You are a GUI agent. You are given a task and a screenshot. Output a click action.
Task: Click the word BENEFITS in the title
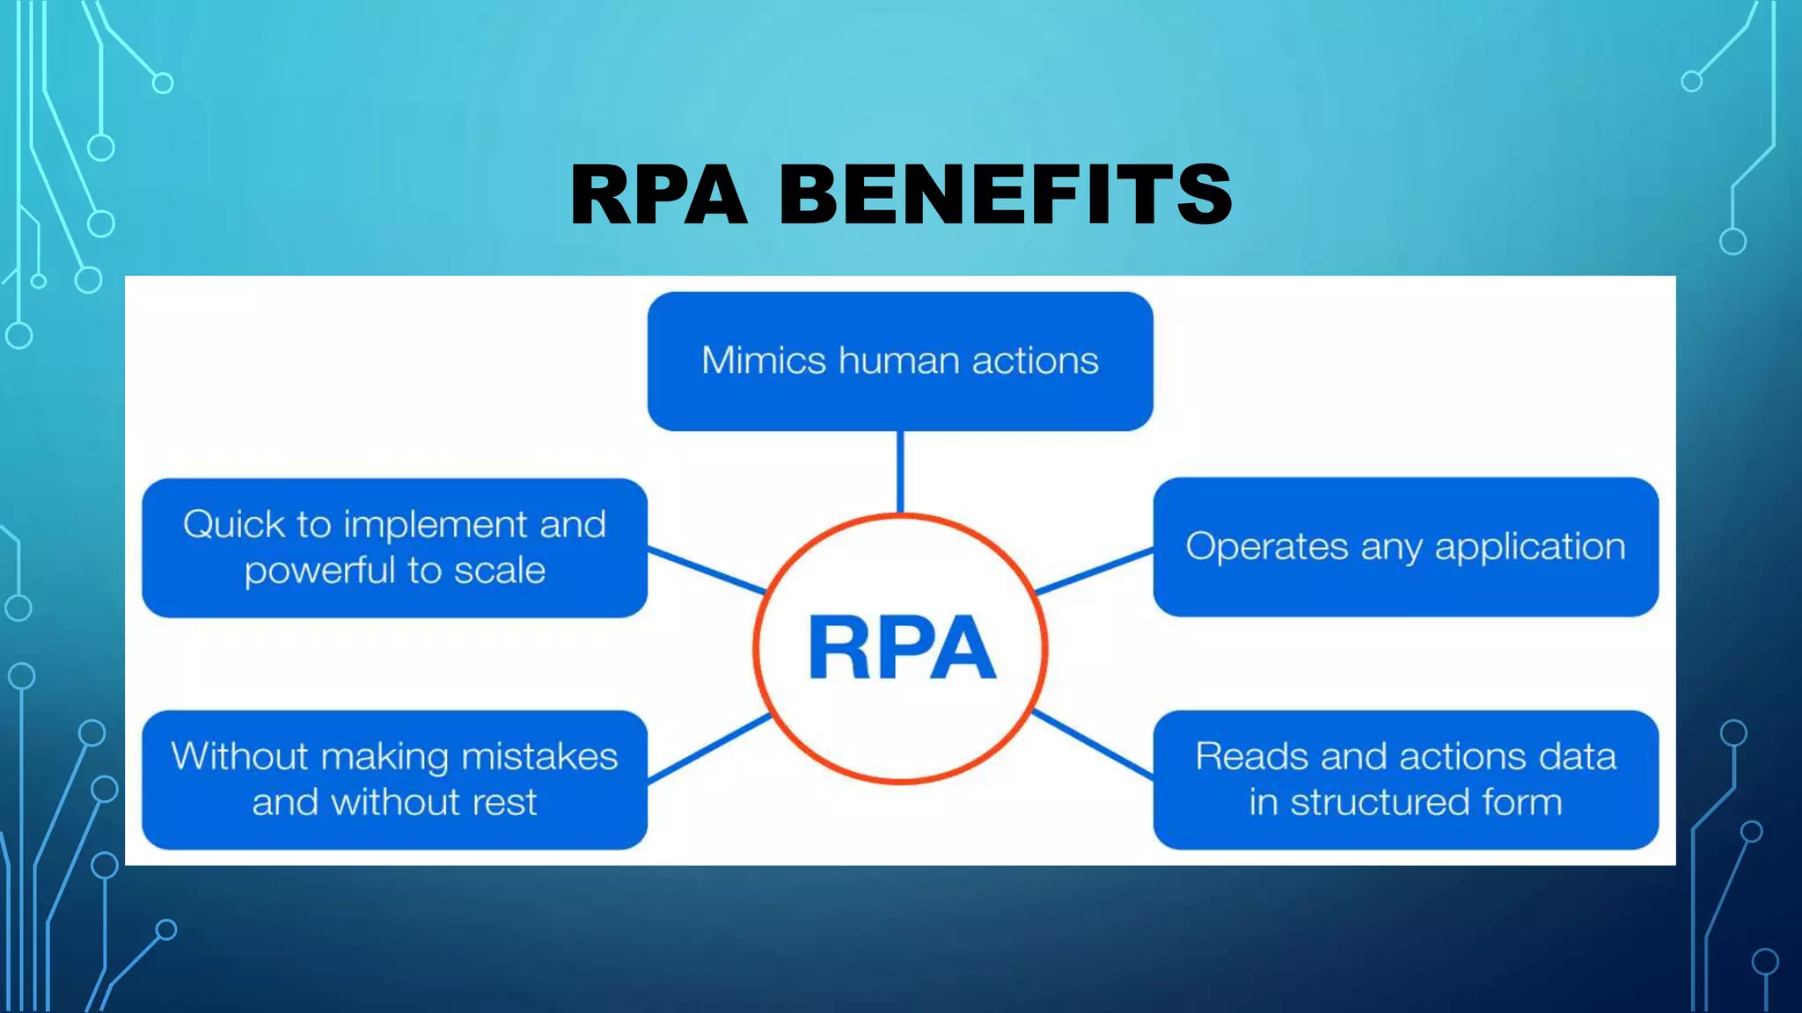pyautogui.click(x=1005, y=194)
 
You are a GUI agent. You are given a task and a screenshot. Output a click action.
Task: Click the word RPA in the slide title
pyautogui.click(x=658, y=194)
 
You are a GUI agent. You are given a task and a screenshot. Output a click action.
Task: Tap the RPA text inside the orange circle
pyautogui.click(x=901, y=648)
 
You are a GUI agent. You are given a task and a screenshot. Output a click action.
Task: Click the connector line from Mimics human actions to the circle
pyautogui.click(x=900, y=471)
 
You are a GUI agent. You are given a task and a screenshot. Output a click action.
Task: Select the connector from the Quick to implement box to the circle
pyautogui.click(x=706, y=570)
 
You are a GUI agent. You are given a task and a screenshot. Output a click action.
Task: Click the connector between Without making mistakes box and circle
pyautogui.click(x=709, y=747)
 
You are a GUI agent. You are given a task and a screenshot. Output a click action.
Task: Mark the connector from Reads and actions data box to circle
pyautogui.click(x=1093, y=745)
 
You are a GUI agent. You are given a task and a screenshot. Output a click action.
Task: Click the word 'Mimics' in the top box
pyautogui.click(x=763, y=361)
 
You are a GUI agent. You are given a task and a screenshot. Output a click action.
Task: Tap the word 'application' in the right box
pyautogui.click(x=1529, y=547)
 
